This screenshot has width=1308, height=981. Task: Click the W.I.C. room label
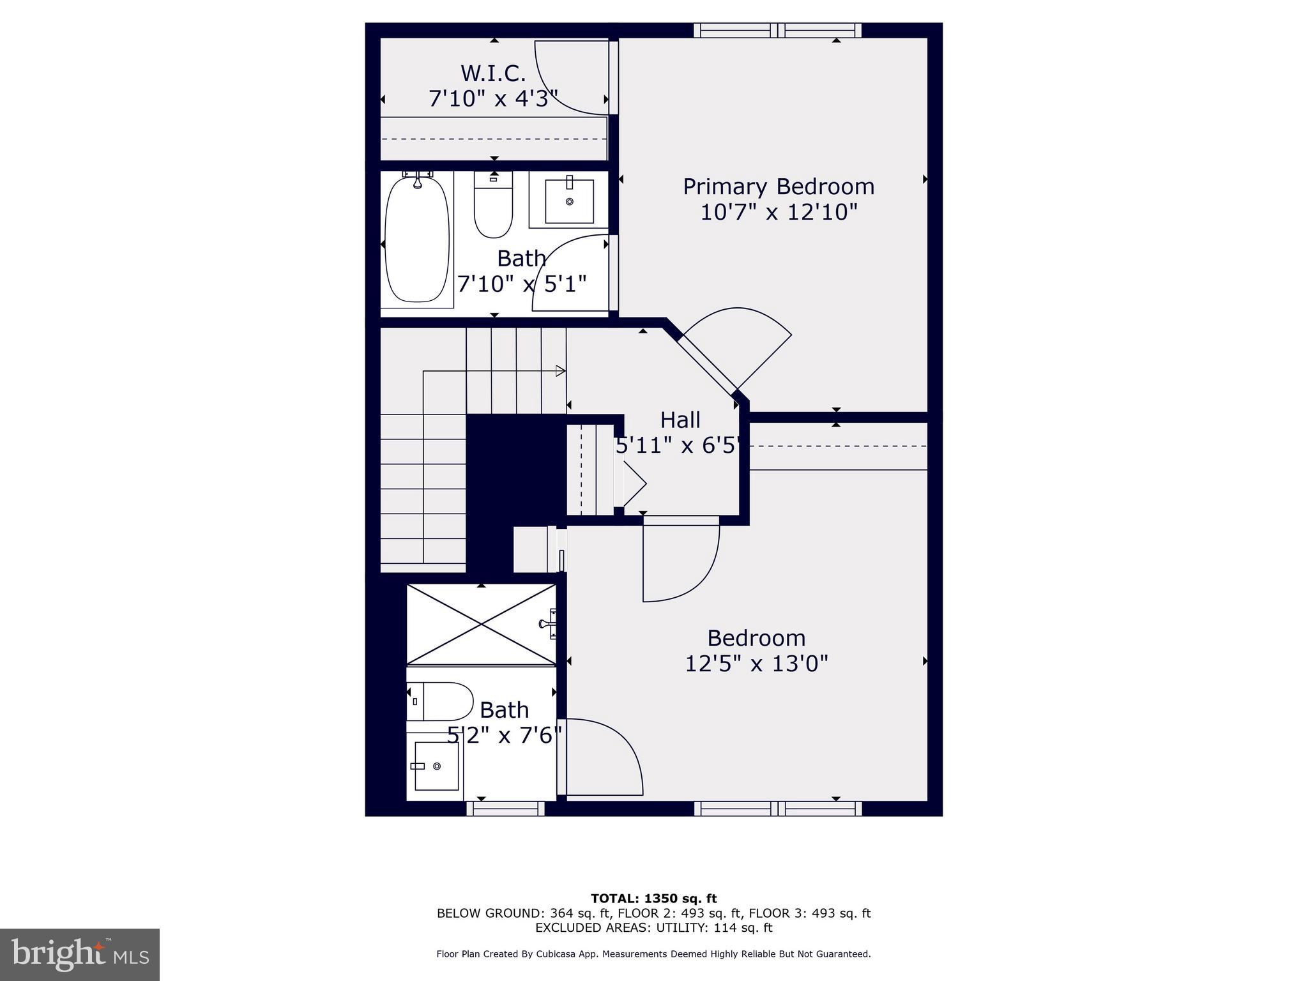point(493,73)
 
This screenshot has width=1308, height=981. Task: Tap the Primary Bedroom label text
point(779,186)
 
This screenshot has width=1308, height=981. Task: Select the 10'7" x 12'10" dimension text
point(779,212)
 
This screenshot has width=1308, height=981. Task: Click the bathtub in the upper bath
point(417,240)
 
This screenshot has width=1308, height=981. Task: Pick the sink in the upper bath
point(569,201)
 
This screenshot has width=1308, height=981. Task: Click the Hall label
point(680,420)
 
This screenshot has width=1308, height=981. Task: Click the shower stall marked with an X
point(481,624)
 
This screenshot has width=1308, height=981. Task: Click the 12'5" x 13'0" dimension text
point(756,664)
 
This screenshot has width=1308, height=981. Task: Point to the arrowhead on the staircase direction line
point(561,370)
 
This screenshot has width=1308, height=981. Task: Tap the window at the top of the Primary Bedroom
point(777,30)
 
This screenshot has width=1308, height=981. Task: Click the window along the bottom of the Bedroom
point(777,809)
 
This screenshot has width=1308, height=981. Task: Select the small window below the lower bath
point(505,809)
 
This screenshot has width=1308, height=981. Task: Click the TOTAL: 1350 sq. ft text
point(653,899)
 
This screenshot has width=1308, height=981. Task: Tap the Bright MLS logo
point(80,954)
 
